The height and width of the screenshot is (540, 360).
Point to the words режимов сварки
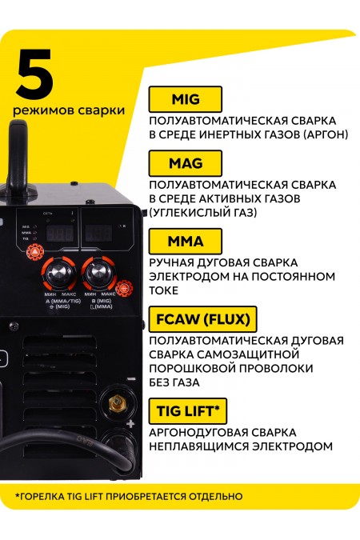(x=68, y=110)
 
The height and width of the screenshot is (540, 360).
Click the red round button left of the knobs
(x=34, y=253)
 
